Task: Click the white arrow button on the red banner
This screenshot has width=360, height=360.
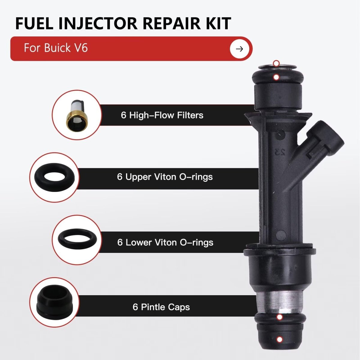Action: coord(239,49)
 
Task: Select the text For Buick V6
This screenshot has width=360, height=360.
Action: coord(56,48)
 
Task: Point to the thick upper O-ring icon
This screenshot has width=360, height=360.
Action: coord(55,176)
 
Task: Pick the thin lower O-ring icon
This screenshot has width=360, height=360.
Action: coord(77,239)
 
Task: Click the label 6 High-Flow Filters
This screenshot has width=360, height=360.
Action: coord(162,115)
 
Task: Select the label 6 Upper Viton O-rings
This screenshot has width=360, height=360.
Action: coord(165,177)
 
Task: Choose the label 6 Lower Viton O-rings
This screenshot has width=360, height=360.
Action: coord(165,242)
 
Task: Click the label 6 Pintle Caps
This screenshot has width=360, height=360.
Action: coord(161,307)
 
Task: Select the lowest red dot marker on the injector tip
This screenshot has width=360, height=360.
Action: coord(280,339)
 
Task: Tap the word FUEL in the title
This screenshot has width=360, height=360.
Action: coord(34,24)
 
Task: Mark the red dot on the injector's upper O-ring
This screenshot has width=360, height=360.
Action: coord(276,77)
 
